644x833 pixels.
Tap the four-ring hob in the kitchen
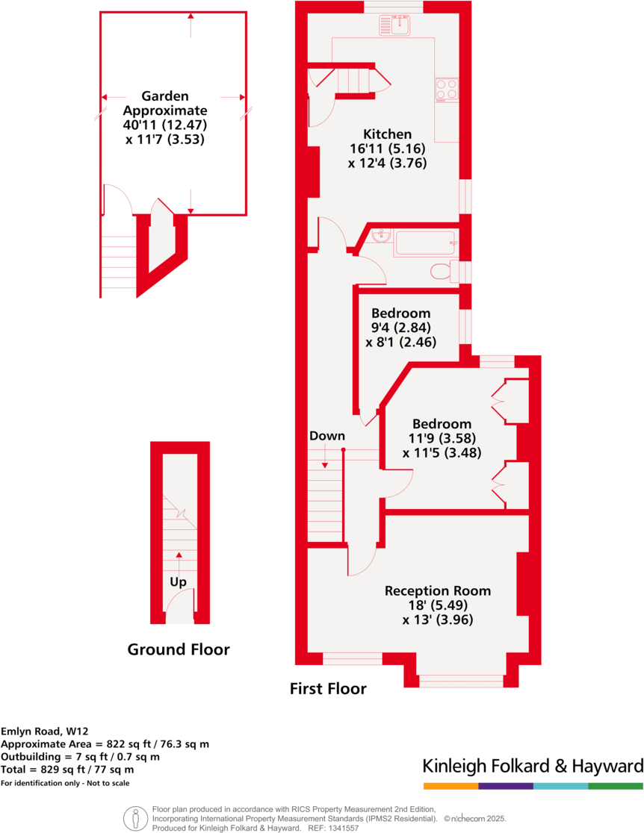pos(447,90)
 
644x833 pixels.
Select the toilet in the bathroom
pos(442,270)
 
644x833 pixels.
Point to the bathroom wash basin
pos(381,236)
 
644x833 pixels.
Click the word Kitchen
pos(387,134)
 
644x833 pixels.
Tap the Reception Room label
pos(438,590)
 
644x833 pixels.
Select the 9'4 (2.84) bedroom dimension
pos(400,327)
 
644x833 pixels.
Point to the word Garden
pos(165,96)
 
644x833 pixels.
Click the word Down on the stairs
pos(327,436)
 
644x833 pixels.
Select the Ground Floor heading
pos(179,649)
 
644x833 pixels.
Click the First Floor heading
pos(328,688)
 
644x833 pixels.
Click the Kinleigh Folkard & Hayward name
pos(533,766)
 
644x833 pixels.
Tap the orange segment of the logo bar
pos(451,786)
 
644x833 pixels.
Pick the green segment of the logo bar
pos(616,786)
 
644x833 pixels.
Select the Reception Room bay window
pos(461,680)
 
